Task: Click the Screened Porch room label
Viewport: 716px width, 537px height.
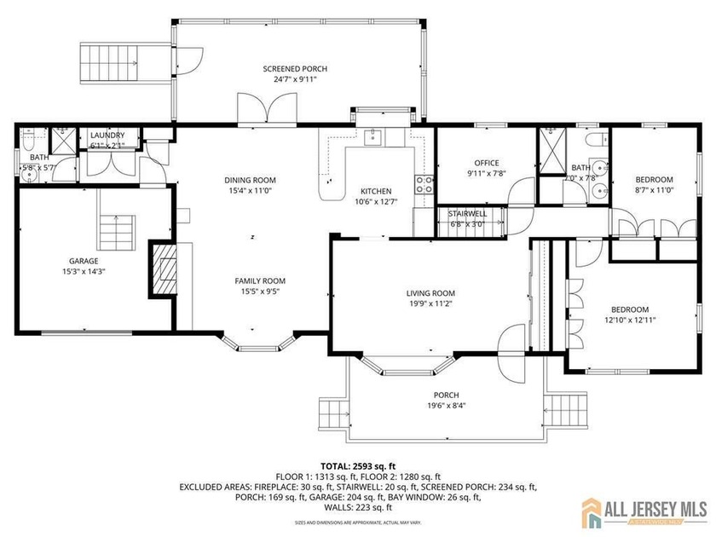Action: coord(295,69)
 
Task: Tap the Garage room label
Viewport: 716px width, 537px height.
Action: coord(84,261)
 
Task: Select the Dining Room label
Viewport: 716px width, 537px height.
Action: coord(250,180)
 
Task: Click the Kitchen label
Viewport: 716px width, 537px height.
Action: coord(375,191)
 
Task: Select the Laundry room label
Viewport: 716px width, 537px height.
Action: coord(107,135)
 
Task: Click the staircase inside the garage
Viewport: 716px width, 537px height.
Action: coord(117,230)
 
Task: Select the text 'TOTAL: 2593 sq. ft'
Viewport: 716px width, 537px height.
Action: coord(356,465)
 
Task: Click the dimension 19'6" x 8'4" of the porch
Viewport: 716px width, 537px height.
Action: coord(446,406)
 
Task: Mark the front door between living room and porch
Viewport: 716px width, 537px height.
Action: coord(515,345)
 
